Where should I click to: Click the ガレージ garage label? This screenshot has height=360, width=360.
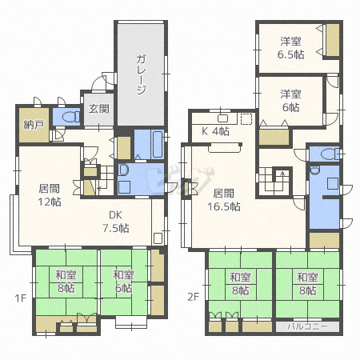click(x=140, y=74)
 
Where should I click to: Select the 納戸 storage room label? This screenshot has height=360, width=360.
click(x=34, y=125)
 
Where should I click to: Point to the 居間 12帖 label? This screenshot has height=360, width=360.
click(x=49, y=196)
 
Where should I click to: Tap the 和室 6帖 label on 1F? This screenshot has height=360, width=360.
click(x=122, y=282)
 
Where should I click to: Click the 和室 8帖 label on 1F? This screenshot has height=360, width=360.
click(x=66, y=282)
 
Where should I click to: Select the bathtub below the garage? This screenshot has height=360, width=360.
click(x=149, y=143)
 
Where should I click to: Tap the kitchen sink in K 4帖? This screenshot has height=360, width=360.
click(x=225, y=118)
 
